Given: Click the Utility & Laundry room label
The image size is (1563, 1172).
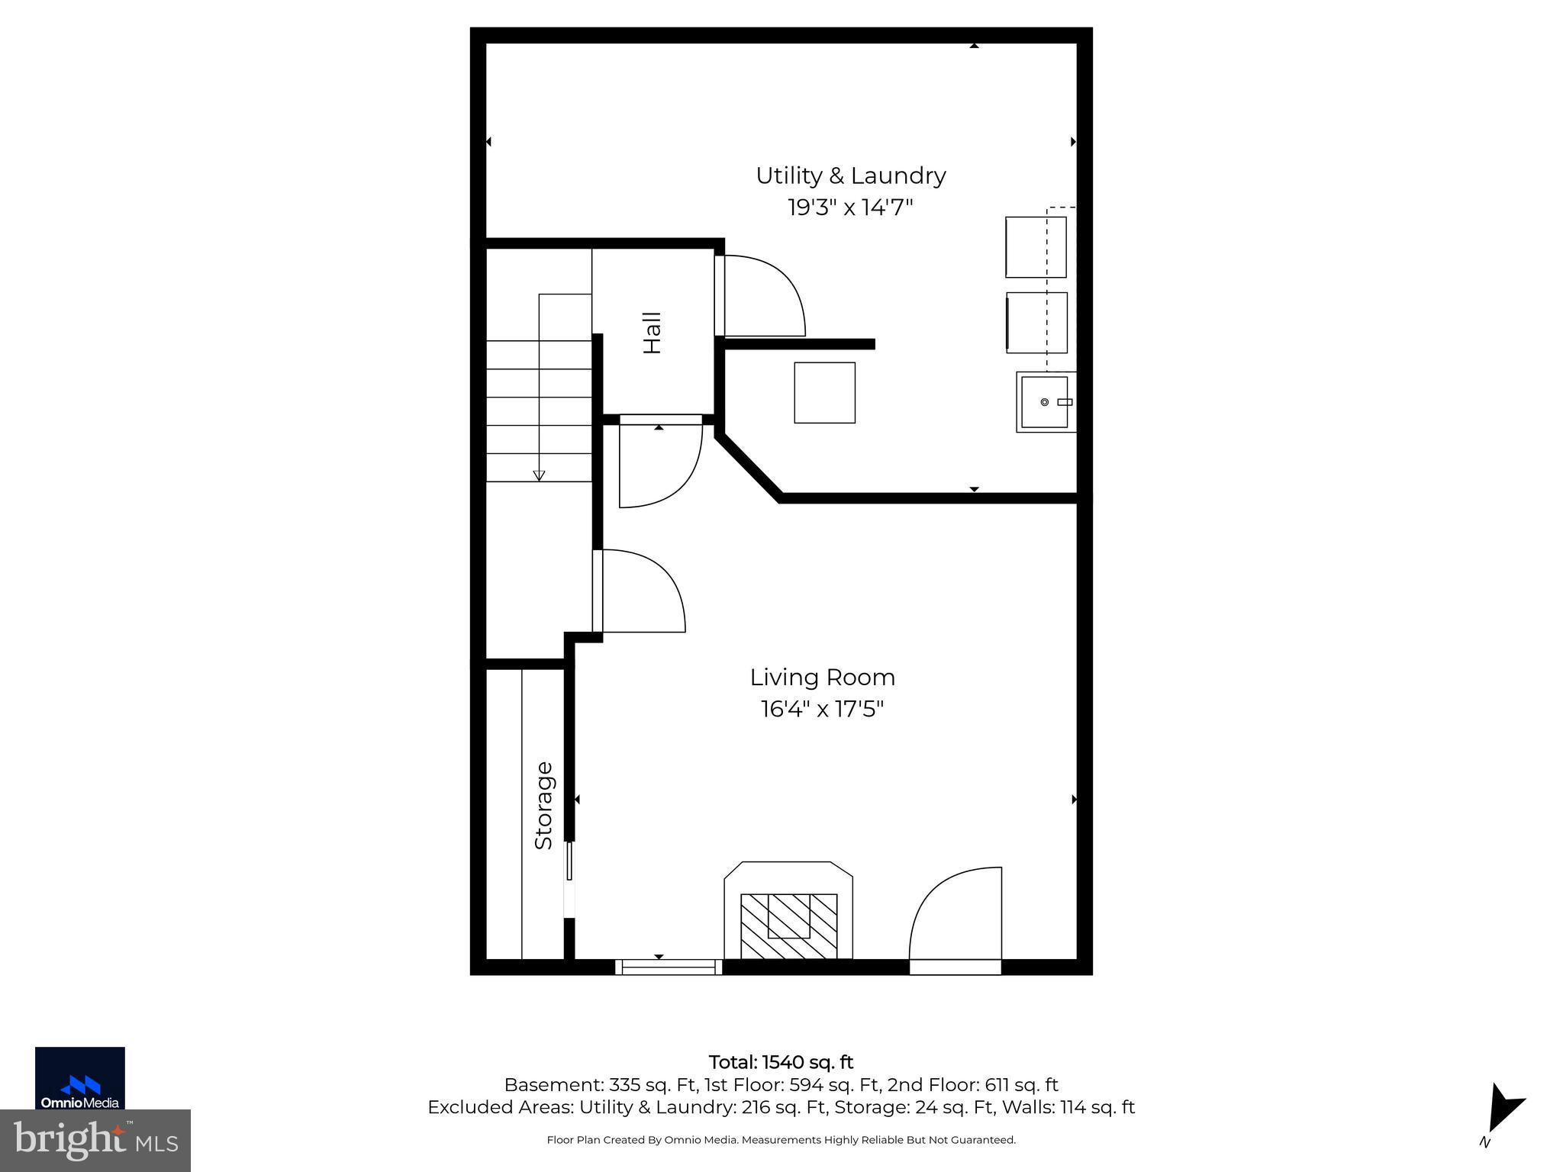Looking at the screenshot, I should click(850, 175).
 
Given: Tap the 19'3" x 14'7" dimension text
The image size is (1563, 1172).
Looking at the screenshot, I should click(850, 207).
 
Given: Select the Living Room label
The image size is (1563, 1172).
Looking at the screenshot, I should click(822, 678).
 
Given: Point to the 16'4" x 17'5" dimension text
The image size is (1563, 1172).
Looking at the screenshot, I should click(822, 710).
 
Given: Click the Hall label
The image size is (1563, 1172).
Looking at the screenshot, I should click(652, 333).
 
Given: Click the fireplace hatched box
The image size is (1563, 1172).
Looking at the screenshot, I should click(788, 926).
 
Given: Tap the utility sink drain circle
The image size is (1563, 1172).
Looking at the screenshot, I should click(1044, 402).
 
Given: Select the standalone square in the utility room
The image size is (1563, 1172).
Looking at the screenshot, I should click(824, 392).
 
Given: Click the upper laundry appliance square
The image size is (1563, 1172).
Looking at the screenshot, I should click(1035, 246).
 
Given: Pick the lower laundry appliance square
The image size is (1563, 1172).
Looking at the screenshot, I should click(1036, 322).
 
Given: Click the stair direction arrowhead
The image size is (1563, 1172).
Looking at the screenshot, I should click(539, 475).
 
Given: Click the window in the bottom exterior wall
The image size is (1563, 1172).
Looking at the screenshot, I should click(669, 968).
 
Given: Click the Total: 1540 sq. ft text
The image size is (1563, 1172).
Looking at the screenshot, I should click(781, 1062).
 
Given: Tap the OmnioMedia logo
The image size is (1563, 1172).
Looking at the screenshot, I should click(79, 1077).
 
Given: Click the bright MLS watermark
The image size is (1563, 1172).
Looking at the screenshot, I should click(95, 1141).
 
